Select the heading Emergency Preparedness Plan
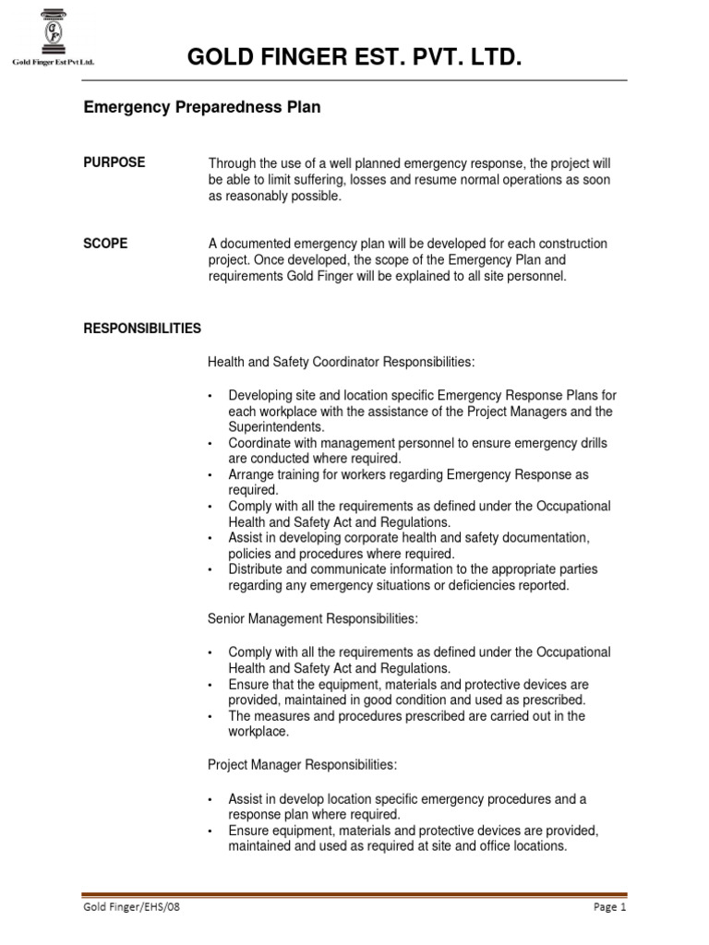[202, 108]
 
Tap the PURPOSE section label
[114, 162]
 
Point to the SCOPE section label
[106, 244]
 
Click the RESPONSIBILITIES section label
[142, 328]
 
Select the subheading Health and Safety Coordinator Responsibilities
[342, 361]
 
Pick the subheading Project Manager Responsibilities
[303, 765]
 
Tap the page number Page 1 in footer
[609, 908]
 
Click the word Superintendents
[276, 427]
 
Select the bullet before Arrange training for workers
[211, 475]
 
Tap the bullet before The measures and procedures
[211, 717]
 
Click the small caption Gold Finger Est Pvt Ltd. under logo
[54, 63]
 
